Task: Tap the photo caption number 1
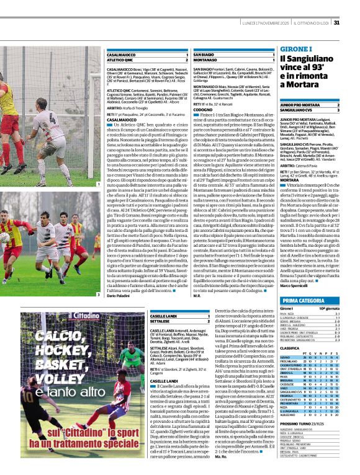[97, 184]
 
